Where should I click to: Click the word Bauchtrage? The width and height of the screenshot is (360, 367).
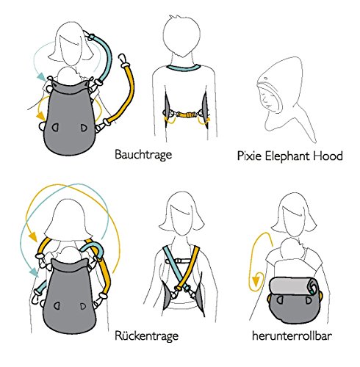[143, 155]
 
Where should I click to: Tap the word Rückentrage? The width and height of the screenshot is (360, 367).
[146, 335]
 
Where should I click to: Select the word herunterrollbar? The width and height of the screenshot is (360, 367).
[292, 335]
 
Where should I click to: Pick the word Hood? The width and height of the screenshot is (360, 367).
[328, 156]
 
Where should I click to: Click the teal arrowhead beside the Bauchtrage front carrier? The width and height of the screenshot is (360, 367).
[40, 76]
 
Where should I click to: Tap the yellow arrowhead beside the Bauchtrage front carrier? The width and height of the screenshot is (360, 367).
[41, 116]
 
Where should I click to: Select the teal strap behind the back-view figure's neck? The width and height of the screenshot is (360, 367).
[184, 68]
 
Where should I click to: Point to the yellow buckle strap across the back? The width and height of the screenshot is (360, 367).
[187, 115]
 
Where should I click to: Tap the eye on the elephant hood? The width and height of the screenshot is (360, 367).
[265, 79]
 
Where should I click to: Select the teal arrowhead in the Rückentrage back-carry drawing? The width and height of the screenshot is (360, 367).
[34, 272]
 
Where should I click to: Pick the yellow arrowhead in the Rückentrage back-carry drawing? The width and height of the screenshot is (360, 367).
[33, 236]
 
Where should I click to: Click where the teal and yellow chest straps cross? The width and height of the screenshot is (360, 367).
[181, 281]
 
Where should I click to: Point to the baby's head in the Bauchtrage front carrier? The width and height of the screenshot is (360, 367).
[67, 75]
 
